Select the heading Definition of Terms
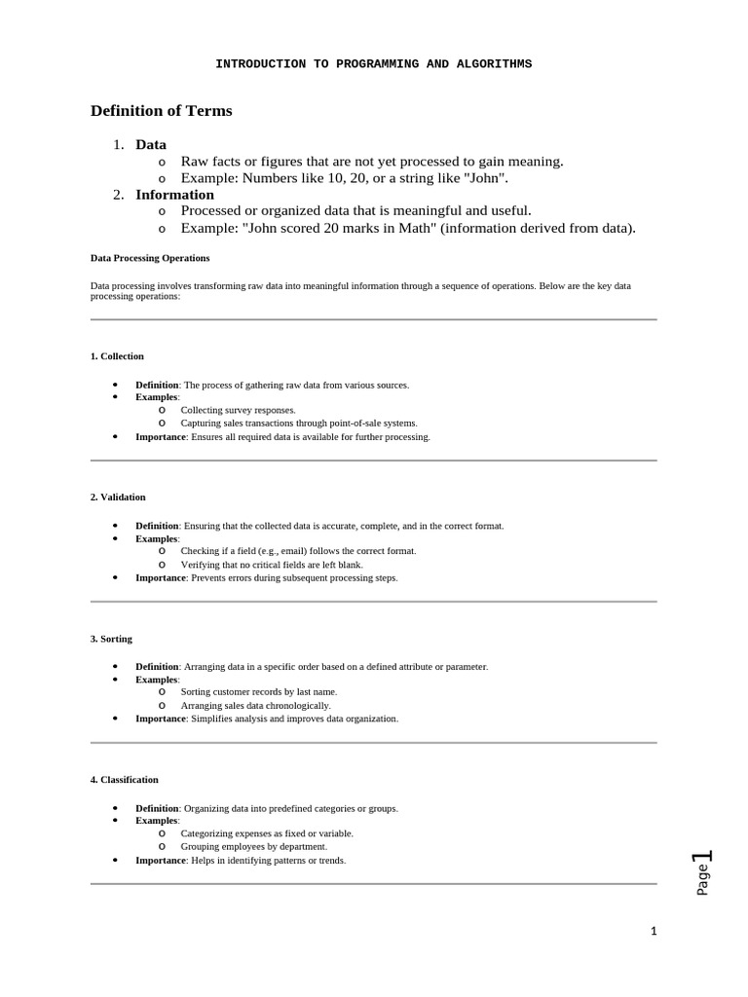coord(162,111)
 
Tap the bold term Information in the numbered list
coord(174,195)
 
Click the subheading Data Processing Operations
coord(150,258)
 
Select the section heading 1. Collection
coord(117,356)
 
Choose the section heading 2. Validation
coord(118,498)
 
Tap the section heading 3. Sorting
coord(111,639)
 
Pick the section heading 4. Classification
coord(124,780)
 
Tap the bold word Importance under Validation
coord(161,577)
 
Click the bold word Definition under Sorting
coord(157,667)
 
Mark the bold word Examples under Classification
coord(157,821)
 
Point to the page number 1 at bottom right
coord(654,932)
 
